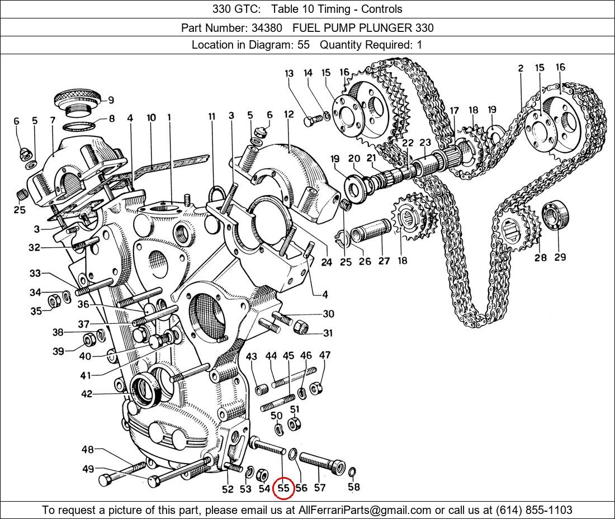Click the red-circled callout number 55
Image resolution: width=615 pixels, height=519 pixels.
(283, 488)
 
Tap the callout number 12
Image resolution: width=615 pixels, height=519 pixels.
(288, 115)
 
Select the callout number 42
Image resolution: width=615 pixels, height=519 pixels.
(86, 394)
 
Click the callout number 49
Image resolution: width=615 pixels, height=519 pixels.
(88, 469)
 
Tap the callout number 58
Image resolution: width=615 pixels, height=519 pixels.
(354, 487)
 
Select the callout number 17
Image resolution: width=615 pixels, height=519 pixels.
(454, 111)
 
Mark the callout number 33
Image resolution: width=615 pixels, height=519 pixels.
(35, 273)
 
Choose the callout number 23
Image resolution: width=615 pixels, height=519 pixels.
(425, 143)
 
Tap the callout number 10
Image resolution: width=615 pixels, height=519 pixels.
(151, 117)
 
